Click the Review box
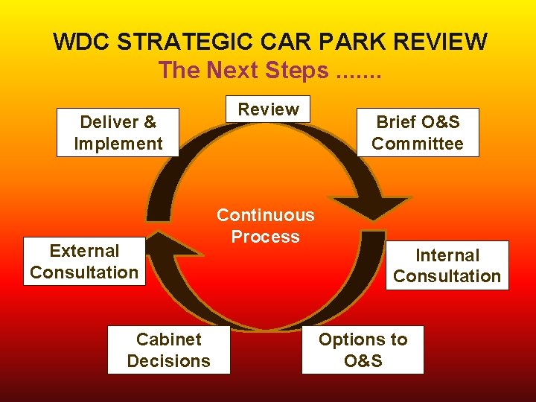pos(268,109)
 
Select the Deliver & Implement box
pos(118,133)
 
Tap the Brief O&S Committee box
pos(417,133)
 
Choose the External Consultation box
pos(84,261)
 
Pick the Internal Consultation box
pos(447,265)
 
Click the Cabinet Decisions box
pos(169,350)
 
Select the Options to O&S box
pos(363,350)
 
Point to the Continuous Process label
pos(265,226)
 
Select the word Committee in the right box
pos(417,144)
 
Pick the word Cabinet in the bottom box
pos(169,339)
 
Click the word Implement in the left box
pos(118,144)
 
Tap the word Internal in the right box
pos(447,255)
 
